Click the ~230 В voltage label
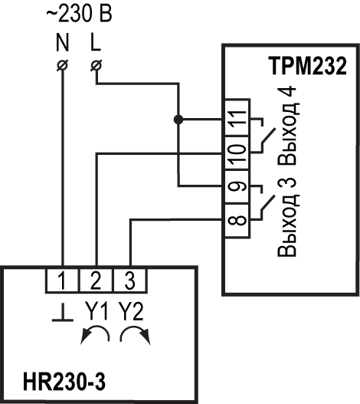[x=79, y=14]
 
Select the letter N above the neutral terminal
[x=63, y=42]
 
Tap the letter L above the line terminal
[x=96, y=42]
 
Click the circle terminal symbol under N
[x=63, y=65]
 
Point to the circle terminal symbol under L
[x=97, y=65]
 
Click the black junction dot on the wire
[x=178, y=120]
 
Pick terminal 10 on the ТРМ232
[x=237, y=153]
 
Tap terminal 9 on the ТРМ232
[x=237, y=187]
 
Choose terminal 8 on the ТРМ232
[x=237, y=220]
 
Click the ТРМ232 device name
[x=307, y=66]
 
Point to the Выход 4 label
[x=288, y=126]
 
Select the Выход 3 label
[x=288, y=217]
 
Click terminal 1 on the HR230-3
[x=62, y=281]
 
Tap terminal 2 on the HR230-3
[x=96, y=281]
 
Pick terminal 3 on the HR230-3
[x=129, y=281]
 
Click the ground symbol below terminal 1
[x=63, y=312]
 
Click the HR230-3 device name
[x=64, y=382]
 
